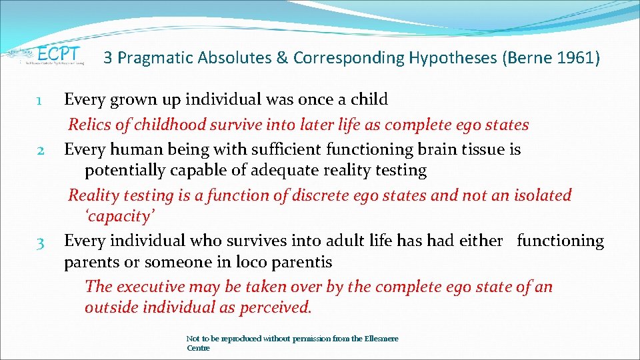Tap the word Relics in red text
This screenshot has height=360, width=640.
[90, 125]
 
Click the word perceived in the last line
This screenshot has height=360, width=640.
[277, 307]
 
